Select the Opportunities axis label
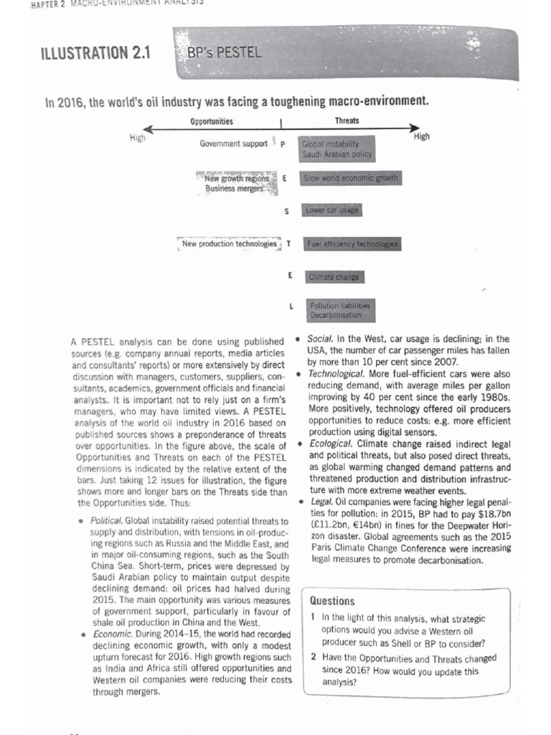click(x=212, y=121)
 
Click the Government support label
click(x=234, y=144)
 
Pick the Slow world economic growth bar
click(x=351, y=178)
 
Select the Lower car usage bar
click(x=331, y=210)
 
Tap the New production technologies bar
click(x=229, y=244)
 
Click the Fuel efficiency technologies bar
click(x=352, y=244)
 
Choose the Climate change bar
click(x=333, y=277)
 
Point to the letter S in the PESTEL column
click(x=287, y=211)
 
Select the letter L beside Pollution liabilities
click(x=291, y=307)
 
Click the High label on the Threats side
click(x=422, y=136)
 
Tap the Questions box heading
click(x=332, y=601)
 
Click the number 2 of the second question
click(x=314, y=657)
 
